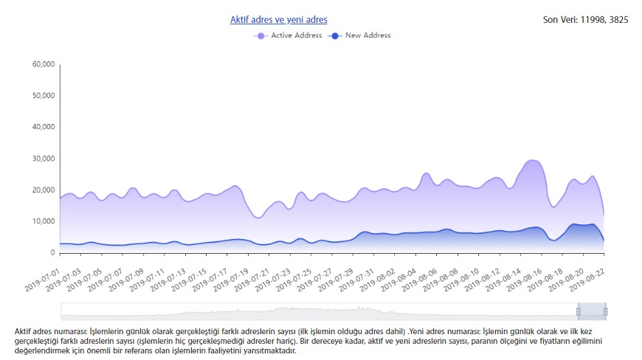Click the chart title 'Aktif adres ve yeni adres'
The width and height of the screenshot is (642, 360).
pos(278,20)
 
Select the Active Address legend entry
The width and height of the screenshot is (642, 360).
pos(288,35)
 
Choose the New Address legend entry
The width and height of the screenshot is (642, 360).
pos(359,35)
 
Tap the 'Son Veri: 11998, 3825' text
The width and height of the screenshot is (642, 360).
pos(585,20)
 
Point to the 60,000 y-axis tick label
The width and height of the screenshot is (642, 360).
pos(44,64)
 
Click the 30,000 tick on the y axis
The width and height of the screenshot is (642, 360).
pos(44,159)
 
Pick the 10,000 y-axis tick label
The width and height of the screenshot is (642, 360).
pos(44,221)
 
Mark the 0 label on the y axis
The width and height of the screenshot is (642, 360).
pos(52,253)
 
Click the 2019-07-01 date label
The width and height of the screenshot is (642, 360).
pos(42,280)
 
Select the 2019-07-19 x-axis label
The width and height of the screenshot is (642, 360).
pos(230,280)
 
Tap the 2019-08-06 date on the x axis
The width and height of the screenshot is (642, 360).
pos(419,280)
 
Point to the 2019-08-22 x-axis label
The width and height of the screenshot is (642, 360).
pos(587,280)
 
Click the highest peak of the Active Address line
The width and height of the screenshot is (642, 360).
pos(532,160)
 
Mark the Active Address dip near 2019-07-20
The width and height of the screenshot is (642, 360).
pos(258,218)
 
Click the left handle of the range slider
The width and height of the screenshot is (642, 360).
pos(578,312)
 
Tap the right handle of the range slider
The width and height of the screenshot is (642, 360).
pos(606,312)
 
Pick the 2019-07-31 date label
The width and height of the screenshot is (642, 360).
pos(356,280)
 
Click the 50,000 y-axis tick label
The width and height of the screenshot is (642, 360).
pos(44,96)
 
